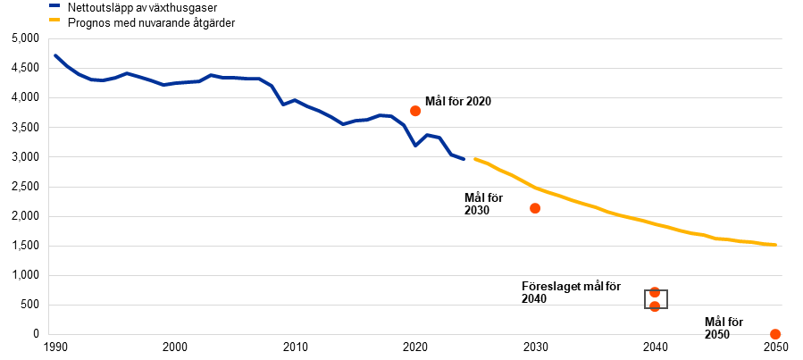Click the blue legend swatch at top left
[x=54, y=5]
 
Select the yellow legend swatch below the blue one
[x=54, y=19]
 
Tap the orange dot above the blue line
[x=415, y=111]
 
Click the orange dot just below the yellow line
[x=535, y=208]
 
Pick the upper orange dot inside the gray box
[x=655, y=292]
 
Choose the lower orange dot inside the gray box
[x=655, y=306]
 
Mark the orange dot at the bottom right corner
[x=775, y=334]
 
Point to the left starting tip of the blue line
[x=54, y=55]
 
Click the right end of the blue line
[x=464, y=158]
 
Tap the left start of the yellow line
[x=475, y=159]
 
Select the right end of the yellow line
[x=775, y=244]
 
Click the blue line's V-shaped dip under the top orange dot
[x=415, y=145]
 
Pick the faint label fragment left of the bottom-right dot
[x=718, y=334]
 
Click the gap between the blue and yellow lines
[x=470, y=159]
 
